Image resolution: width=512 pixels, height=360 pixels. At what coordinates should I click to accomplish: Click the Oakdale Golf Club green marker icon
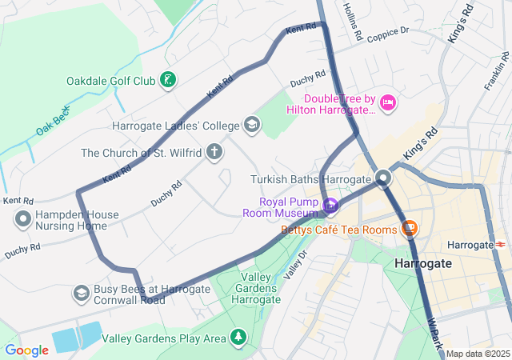point(168,80)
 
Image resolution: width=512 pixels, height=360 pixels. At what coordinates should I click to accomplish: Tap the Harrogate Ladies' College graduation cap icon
point(252,125)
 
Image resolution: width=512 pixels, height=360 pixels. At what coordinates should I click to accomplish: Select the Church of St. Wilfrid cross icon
point(214,151)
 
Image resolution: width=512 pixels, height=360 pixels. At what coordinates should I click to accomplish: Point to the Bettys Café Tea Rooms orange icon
point(410,229)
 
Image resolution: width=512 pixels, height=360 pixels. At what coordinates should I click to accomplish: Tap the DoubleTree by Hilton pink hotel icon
point(388,102)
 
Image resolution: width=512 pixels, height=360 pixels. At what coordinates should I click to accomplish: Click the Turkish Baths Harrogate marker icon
point(384,178)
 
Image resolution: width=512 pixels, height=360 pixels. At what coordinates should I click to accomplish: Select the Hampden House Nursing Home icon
point(23,218)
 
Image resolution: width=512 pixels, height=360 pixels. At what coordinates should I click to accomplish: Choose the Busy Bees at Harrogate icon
point(81,294)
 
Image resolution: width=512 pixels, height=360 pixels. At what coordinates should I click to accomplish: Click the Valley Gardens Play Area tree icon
point(238,338)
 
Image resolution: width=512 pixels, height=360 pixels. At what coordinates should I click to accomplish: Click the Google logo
point(26,350)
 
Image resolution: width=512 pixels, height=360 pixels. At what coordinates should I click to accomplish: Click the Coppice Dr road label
point(388,32)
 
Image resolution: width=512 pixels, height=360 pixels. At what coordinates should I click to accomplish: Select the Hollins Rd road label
point(353,22)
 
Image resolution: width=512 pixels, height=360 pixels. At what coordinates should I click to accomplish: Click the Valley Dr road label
point(297,263)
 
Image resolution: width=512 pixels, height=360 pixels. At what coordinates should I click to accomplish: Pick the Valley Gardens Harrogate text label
point(255,288)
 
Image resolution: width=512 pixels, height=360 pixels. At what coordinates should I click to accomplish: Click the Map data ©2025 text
point(478,354)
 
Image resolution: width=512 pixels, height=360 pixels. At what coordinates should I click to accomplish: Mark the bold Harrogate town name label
point(423,262)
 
